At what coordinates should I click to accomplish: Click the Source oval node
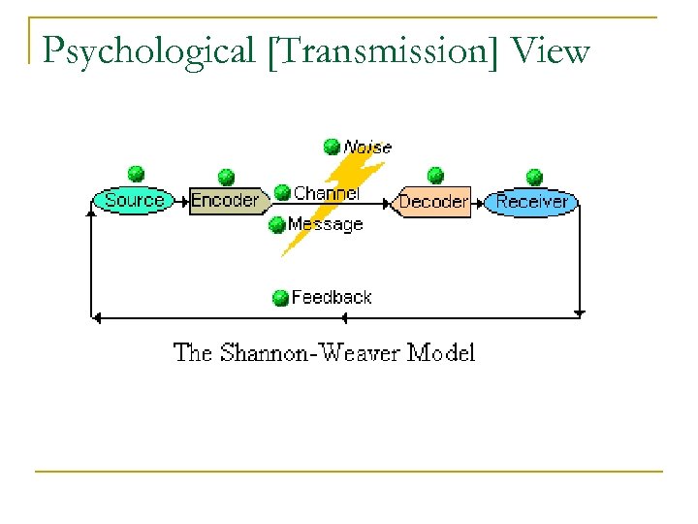[x=134, y=201]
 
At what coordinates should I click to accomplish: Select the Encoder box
[x=226, y=201]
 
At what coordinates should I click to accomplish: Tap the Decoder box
[x=433, y=202]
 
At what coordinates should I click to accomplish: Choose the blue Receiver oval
[x=531, y=202]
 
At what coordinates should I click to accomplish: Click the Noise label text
[x=367, y=147]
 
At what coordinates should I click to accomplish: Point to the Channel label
[x=326, y=193]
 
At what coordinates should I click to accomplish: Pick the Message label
[x=325, y=224]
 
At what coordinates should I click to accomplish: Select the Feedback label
[x=331, y=297]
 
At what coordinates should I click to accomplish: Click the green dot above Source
[x=137, y=174]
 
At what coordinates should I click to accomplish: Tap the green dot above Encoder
[x=226, y=177]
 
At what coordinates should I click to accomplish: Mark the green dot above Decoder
[x=435, y=175]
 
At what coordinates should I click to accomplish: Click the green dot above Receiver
[x=534, y=177]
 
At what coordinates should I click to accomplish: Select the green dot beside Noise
[x=332, y=147]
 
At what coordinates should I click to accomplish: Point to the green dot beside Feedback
[x=280, y=297]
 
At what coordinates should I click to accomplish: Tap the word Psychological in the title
[x=148, y=51]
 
